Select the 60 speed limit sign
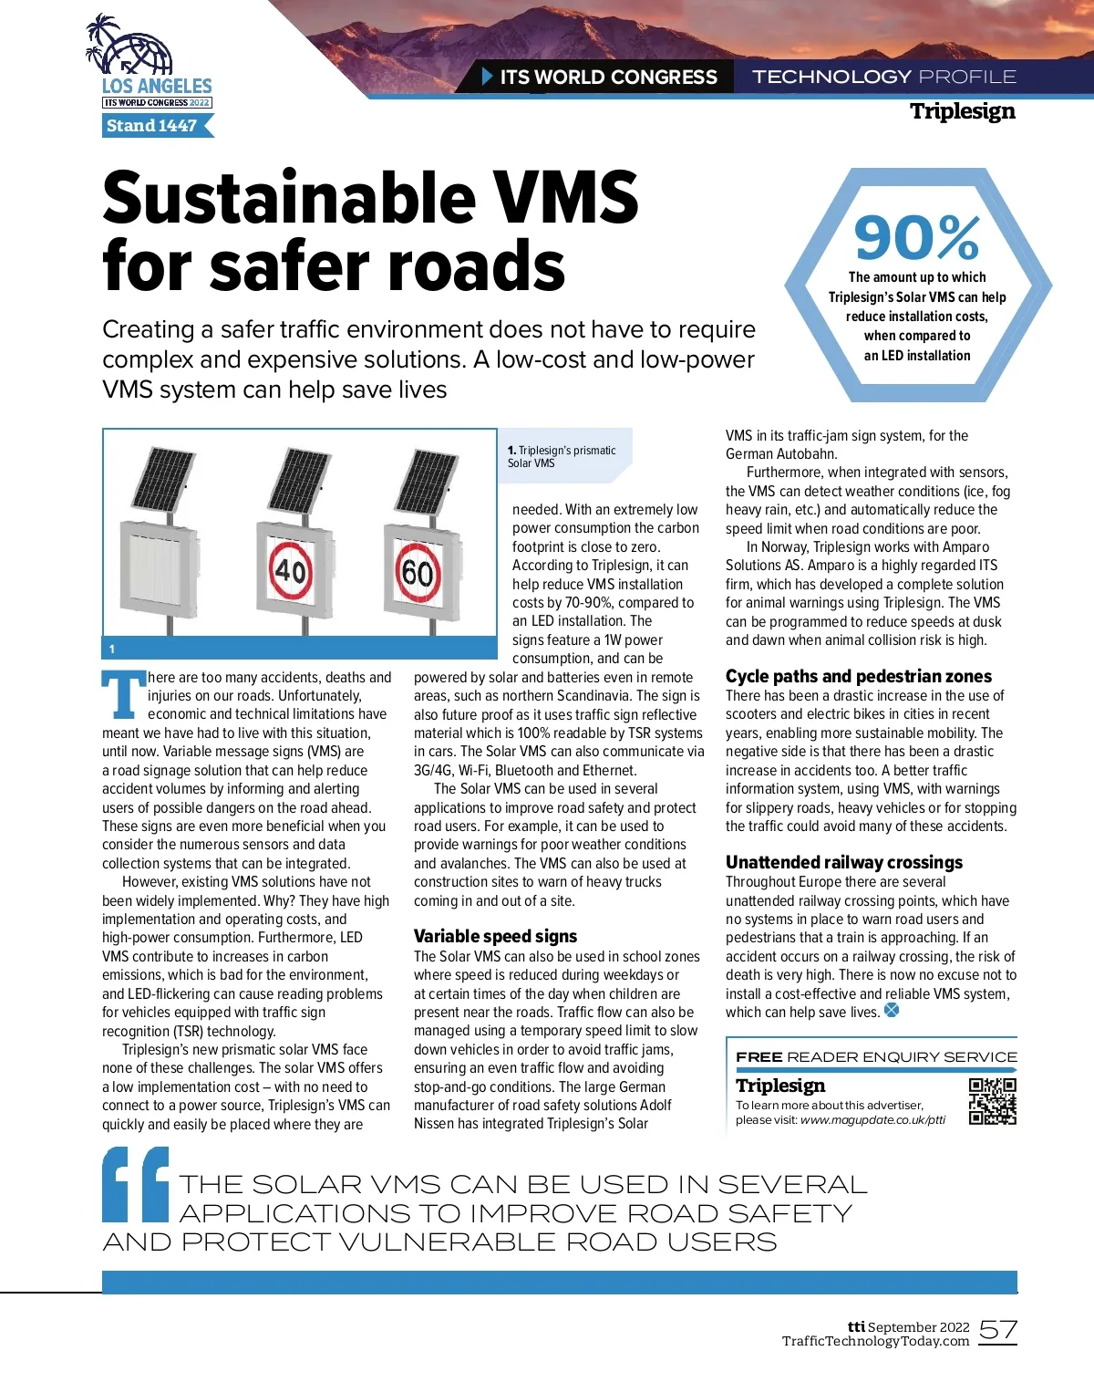click(418, 571)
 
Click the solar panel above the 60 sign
click(426, 481)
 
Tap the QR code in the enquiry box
click(992, 1101)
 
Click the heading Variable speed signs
click(495, 936)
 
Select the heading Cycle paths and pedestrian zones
click(858, 676)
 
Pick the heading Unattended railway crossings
click(843, 862)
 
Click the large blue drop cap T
click(123, 695)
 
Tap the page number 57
click(997, 1331)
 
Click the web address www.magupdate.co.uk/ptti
click(872, 1120)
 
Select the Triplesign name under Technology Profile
click(962, 111)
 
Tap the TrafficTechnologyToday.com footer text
click(875, 1341)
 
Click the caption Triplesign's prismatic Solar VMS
click(562, 456)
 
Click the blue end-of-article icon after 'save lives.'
click(892, 1010)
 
